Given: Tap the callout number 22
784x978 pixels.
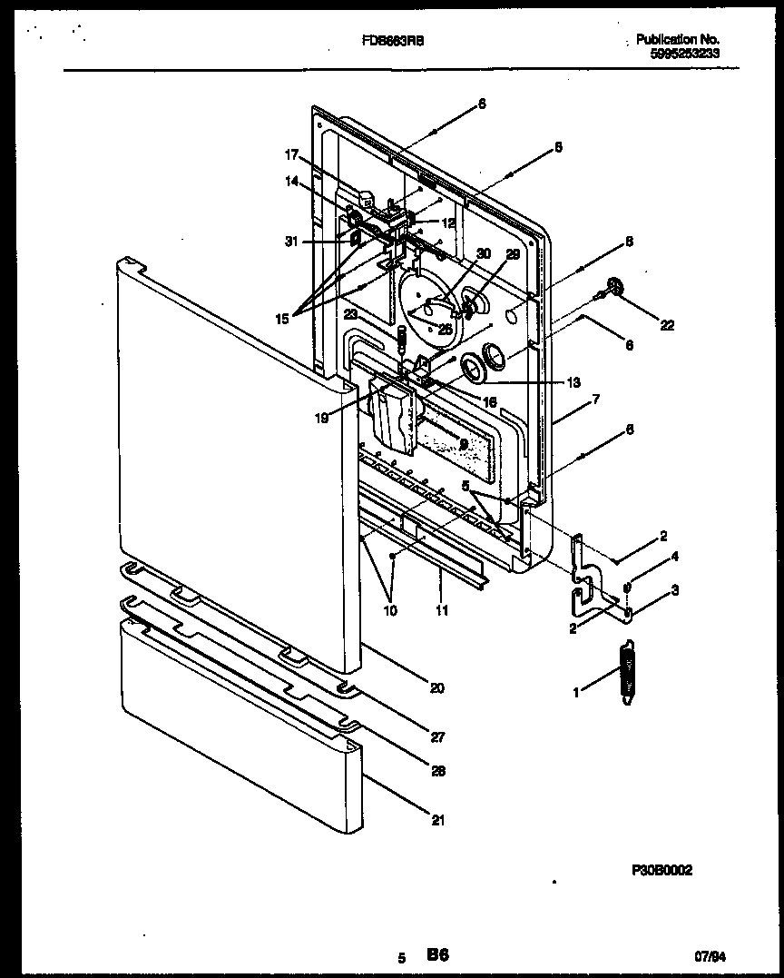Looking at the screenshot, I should tap(667, 325).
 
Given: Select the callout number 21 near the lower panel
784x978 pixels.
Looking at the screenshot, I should tap(438, 821).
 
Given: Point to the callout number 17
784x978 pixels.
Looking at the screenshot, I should tap(291, 154).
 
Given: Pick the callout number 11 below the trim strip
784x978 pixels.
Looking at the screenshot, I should tap(442, 611).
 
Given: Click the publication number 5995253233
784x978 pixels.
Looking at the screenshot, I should tap(684, 54).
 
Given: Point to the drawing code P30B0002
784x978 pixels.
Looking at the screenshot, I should tap(661, 870).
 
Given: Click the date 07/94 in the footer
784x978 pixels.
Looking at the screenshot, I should tap(710, 955).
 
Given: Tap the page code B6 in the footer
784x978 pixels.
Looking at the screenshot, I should tap(438, 954).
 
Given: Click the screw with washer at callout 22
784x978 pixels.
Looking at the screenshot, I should tap(614, 289).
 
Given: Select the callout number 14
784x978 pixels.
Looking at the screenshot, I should tap(291, 181).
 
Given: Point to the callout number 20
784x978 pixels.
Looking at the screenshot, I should tap(436, 687).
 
